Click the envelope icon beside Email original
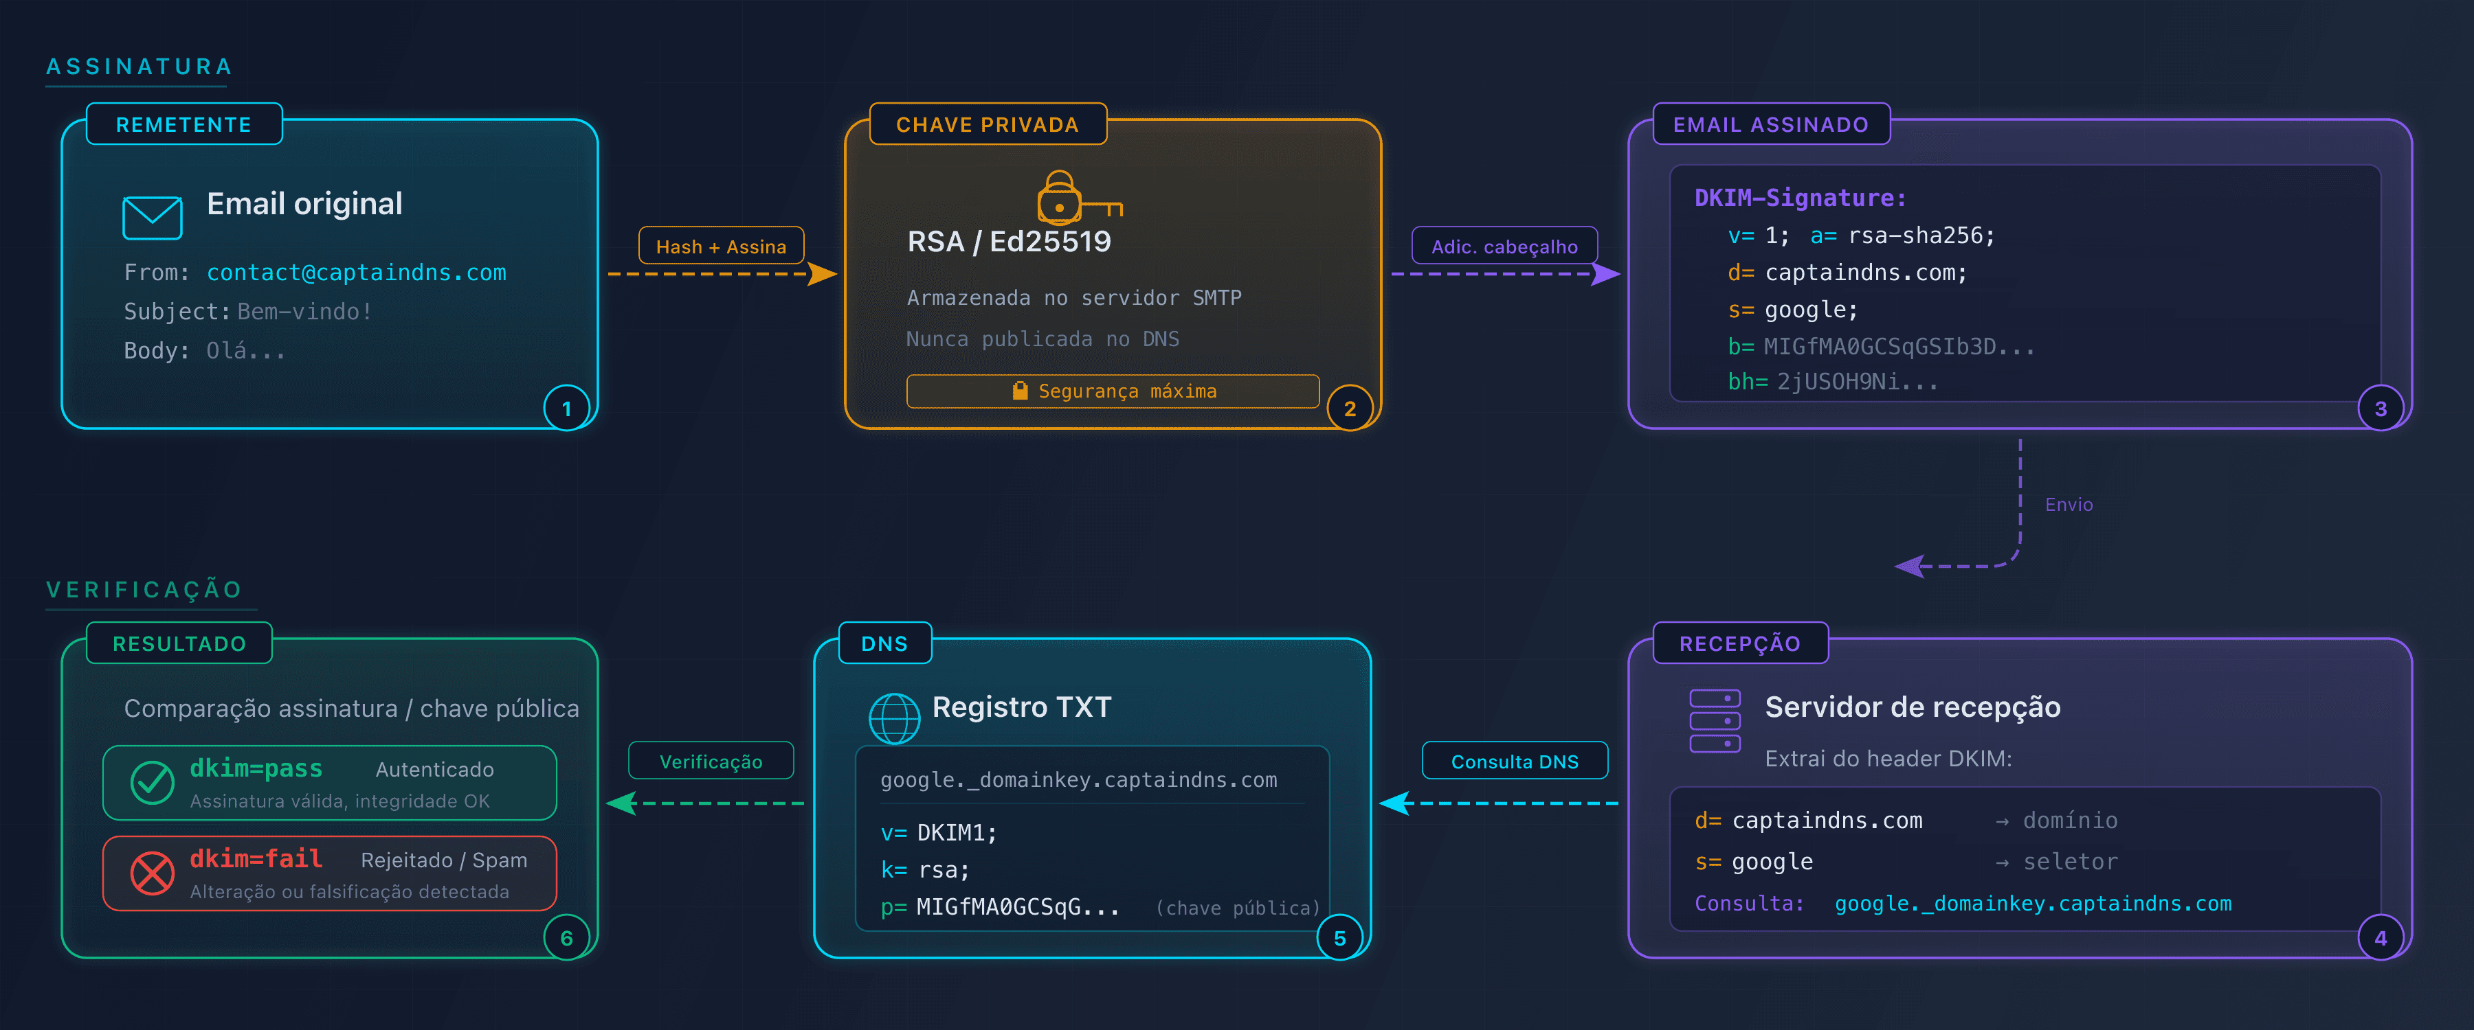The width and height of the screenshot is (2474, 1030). pos(152,218)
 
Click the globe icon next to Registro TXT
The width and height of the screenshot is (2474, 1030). pos(893,718)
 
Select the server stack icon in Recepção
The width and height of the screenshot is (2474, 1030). pos(1715,721)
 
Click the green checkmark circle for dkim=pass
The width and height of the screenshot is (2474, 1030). pos(152,782)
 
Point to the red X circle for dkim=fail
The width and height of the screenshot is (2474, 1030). pos(152,873)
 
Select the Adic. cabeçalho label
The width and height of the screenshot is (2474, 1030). pos(1504,247)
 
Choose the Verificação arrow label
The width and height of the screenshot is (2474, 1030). pos(711,762)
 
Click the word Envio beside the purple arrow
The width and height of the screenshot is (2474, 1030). pos(2068,505)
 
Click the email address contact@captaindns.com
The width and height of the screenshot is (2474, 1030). pos(356,273)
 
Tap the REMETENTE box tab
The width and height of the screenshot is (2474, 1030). pos(183,125)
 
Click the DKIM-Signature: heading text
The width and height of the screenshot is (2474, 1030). pos(1800,198)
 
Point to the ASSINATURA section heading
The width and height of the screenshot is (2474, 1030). pos(140,66)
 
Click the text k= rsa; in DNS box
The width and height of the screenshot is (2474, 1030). pos(925,870)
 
